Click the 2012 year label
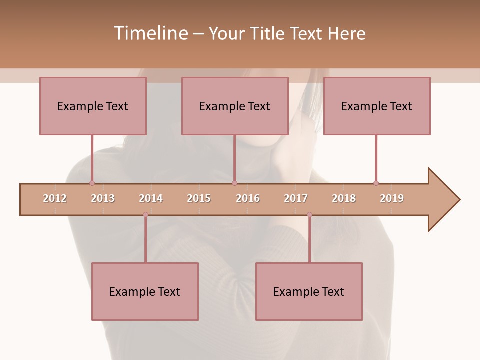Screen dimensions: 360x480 (x=55, y=198)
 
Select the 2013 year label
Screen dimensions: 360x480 (x=103, y=198)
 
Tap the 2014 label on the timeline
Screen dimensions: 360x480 (x=151, y=198)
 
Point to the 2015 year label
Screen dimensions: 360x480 (x=199, y=198)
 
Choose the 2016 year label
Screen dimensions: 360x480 (x=248, y=198)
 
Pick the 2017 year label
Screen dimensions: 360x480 (x=296, y=198)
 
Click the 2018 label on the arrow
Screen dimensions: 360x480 (x=344, y=198)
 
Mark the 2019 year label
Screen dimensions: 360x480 (x=392, y=198)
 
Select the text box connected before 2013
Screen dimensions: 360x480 (x=93, y=106)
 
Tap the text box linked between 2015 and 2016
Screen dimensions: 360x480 (x=235, y=106)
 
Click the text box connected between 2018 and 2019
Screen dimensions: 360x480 (x=377, y=106)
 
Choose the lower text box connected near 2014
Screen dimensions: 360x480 (x=145, y=291)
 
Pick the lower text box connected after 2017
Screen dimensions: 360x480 (x=309, y=291)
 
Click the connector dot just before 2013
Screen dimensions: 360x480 (x=92, y=183)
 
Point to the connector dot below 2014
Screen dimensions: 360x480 (x=145, y=215)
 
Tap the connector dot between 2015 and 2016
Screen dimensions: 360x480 (x=234, y=183)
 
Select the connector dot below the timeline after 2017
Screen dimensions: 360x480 (x=309, y=215)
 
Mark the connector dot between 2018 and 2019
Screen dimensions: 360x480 (x=376, y=183)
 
